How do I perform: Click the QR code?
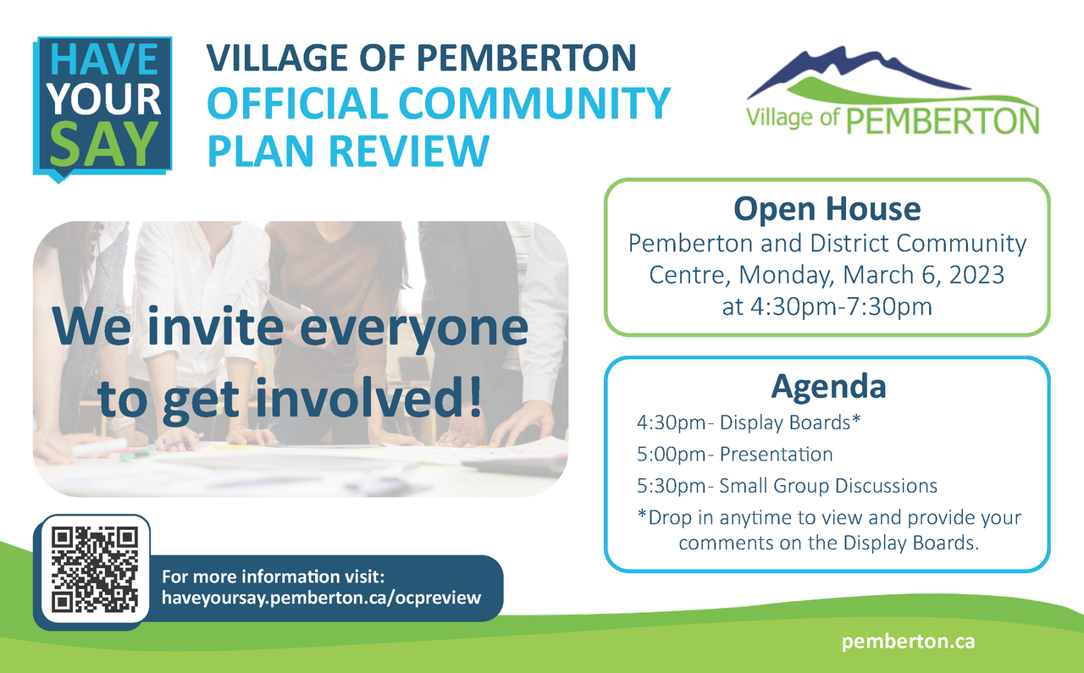click(x=95, y=570)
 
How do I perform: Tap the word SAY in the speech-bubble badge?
click(x=104, y=144)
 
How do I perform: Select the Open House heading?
click(x=827, y=209)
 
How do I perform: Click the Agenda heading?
click(x=828, y=386)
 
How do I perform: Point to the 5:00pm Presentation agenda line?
click(x=734, y=455)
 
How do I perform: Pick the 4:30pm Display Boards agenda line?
click(x=749, y=422)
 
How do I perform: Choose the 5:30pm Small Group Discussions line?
click(x=787, y=486)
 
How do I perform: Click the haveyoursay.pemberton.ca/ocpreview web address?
click(x=321, y=598)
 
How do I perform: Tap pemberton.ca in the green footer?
click(x=909, y=642)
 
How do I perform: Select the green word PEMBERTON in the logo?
click(x=943, y=120)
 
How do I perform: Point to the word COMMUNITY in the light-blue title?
click(x=534, y=103)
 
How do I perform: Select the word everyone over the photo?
click(x=414, y=329)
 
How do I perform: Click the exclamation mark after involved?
click(x=475, y=396)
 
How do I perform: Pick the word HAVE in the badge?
click(x=104, y=59)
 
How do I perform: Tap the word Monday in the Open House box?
click(x=787, y=275)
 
